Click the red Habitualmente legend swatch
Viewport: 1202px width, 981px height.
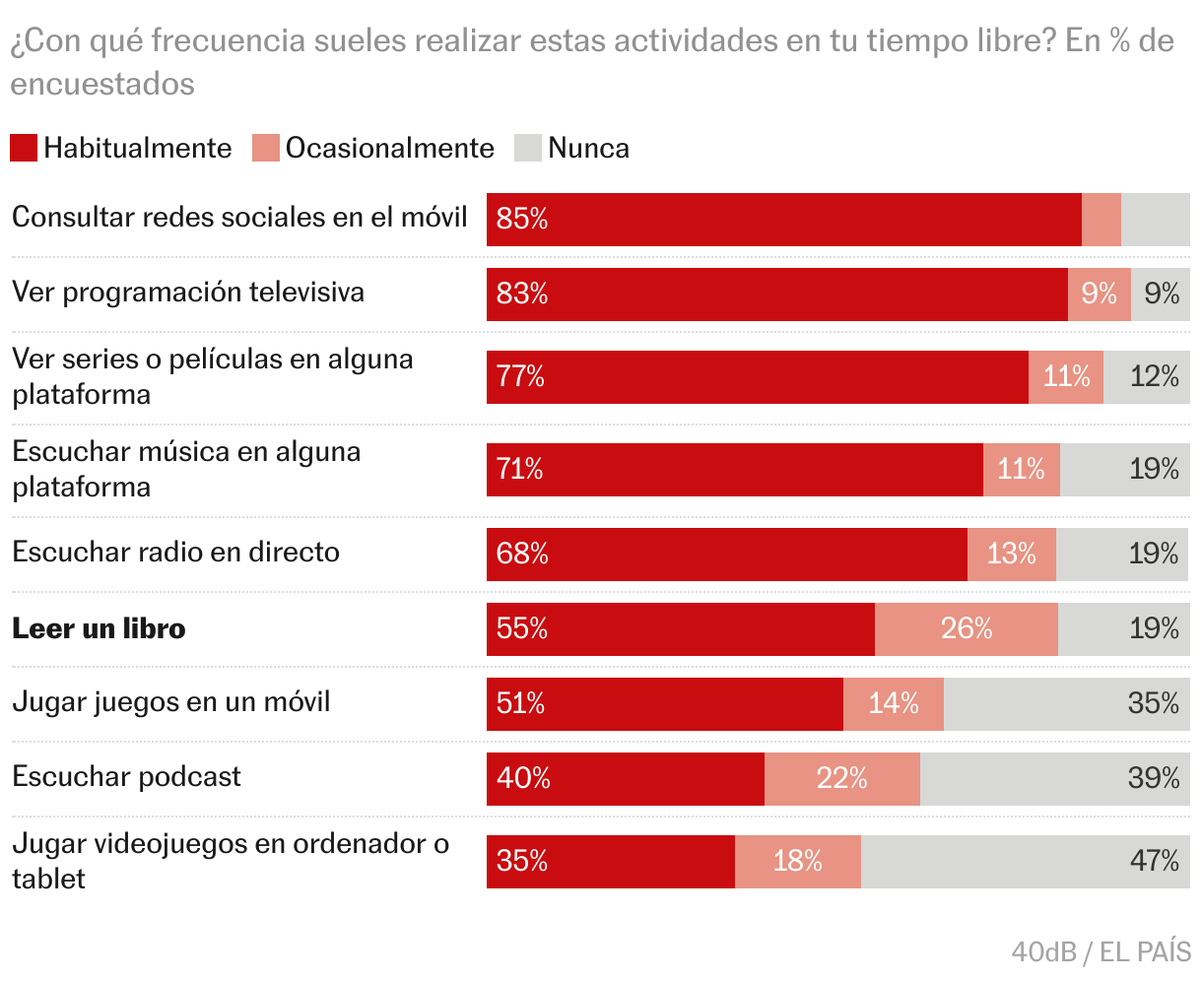24,148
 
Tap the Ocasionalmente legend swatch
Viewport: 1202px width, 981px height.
266,148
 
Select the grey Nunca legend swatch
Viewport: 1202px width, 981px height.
528,148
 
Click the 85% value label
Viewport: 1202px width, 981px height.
522,219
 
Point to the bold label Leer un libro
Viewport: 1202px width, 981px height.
99,628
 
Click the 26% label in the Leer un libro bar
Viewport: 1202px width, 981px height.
967,628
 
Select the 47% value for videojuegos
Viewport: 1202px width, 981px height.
1154,861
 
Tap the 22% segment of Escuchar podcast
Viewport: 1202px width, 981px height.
841,778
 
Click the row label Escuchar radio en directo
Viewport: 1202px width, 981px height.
175,552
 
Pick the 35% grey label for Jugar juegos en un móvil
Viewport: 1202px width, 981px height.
1154,703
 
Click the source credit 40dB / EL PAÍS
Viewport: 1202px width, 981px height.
1101,951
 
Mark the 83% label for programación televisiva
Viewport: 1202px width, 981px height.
522,294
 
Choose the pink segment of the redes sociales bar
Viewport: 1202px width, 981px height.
1102,219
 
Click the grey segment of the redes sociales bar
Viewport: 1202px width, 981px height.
1156,219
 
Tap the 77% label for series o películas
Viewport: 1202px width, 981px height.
520,376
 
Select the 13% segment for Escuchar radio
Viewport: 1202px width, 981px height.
1012,554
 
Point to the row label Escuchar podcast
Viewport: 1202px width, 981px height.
126,776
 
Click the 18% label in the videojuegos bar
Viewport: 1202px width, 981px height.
797,861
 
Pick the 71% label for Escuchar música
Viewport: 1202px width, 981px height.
520,469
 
